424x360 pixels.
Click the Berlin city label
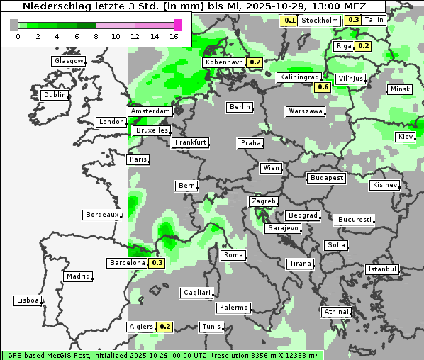(x=240, y=107)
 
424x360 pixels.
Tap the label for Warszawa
(x=306, y=111)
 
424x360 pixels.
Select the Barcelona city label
(x=128, y=263)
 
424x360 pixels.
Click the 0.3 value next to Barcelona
(x=157, y=263)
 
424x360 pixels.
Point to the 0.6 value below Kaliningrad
(x=323, y=87)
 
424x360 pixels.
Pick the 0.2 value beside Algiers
(x=164, y=327)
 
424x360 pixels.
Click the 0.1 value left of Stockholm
(x=289, y=21)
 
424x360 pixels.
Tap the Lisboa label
(x=28, y=300)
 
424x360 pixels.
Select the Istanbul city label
(x=382, y=269)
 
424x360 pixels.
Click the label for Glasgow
(x=68, y=61)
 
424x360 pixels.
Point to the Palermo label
(x=233, y=308)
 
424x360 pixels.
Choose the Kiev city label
(x=406, y=136)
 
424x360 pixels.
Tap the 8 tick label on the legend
(x=95, y=35)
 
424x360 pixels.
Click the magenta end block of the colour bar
(x=177, y=25)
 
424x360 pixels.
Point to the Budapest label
(x=326, y=177)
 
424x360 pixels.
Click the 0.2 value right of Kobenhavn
(x=255, y=62)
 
